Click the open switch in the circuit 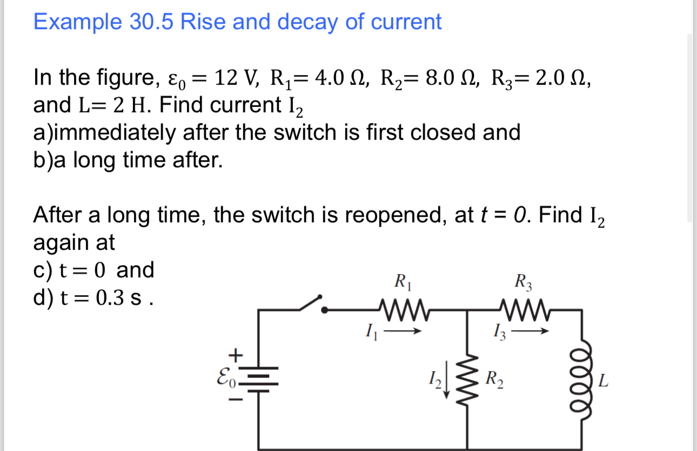coord(312,304)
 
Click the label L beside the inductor coord(604,382)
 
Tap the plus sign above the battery coord(234,355)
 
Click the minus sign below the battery coord(235,400)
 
